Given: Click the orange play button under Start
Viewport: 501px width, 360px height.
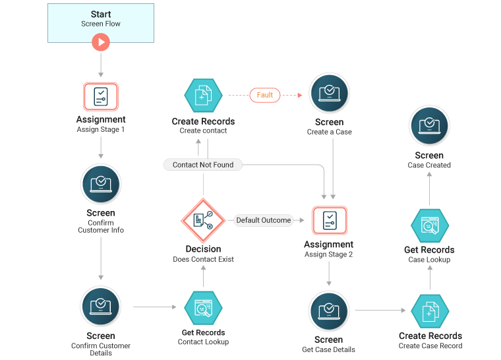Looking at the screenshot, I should coord(100,42).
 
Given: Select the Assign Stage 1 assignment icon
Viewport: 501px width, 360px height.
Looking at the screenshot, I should coord(100,96).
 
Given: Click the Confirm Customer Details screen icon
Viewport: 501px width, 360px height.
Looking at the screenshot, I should coord(100,307).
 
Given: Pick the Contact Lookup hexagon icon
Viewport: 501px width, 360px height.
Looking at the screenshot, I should coord(203,308).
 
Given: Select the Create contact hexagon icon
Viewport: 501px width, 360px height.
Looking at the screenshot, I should coord(203,96).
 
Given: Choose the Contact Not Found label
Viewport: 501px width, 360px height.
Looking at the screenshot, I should coord(203,165).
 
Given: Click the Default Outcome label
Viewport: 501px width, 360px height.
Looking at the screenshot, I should coord(264,220).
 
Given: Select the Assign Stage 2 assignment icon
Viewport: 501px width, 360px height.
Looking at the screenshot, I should coord(329,221).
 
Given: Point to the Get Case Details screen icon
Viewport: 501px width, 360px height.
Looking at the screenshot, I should coord(328,311).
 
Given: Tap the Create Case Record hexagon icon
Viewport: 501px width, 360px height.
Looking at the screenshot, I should coord(430,311).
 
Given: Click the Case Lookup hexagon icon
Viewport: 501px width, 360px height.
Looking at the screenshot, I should coord(430,226).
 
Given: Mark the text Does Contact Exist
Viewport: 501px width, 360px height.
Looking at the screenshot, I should coord(203,259).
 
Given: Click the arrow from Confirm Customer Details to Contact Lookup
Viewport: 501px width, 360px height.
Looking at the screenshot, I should coord(156,307).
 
